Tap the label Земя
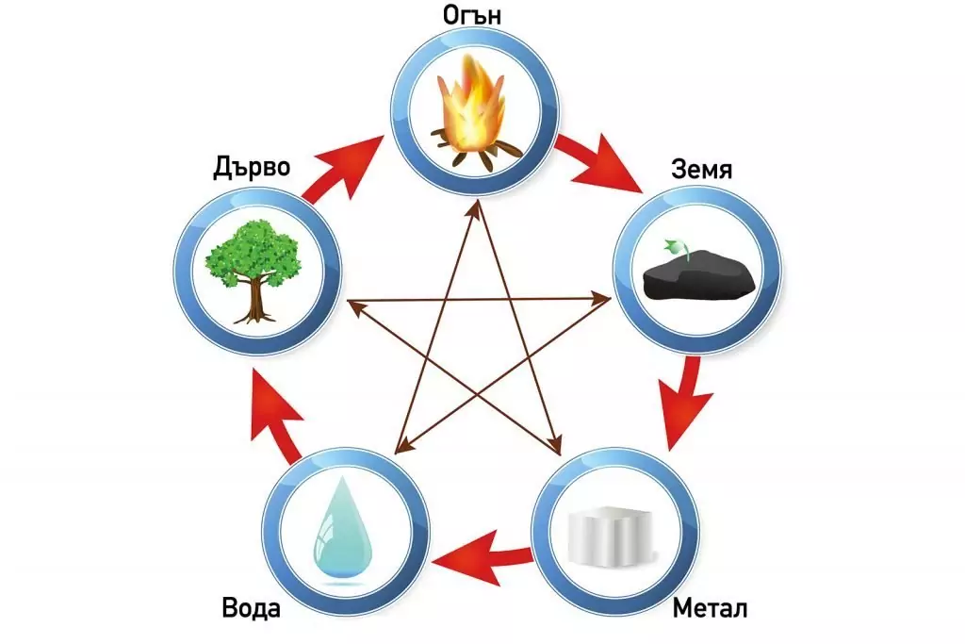(x=702, y=170)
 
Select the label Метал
(x=710, y=608)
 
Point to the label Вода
(x=251, y=607)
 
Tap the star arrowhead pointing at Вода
(x=402, y=443)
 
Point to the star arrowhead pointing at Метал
(x=555, y=442)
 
